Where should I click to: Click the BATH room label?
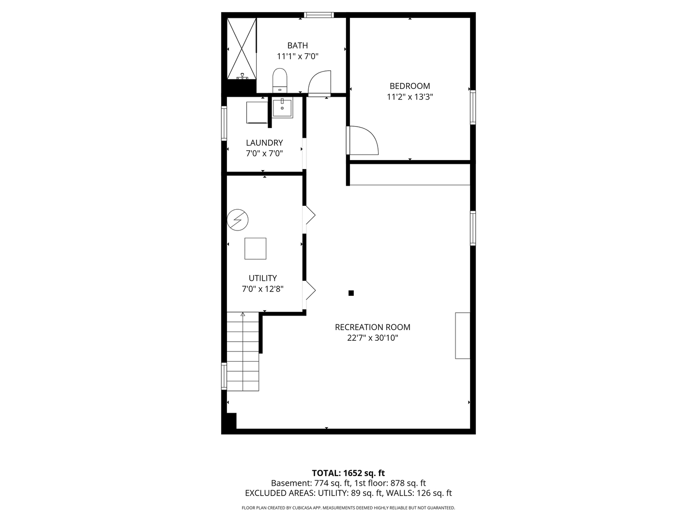tap(297, 45)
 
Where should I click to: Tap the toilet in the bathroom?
tap(280, 81)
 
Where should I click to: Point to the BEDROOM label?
tap(409, 86)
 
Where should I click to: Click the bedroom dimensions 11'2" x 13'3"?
tap(409, 97)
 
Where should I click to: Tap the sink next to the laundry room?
tap(282, 108)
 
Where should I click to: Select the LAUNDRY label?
tap(264, 143)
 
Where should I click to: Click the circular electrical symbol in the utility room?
tap(238, 219)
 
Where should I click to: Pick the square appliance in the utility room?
tap(255, 248)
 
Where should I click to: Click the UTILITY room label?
tap(263, 278)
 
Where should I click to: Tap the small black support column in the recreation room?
tap(351, 293)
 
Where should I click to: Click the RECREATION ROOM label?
tap(373, 327)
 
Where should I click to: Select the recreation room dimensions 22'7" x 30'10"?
tap(373, 338)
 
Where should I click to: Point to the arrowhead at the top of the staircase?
tap(242, 314)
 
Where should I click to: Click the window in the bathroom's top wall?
tap(319, 15)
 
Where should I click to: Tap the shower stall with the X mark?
tap(242, 48)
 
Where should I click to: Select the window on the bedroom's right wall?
tap(473, 107)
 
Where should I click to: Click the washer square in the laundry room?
tap(257, 113)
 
